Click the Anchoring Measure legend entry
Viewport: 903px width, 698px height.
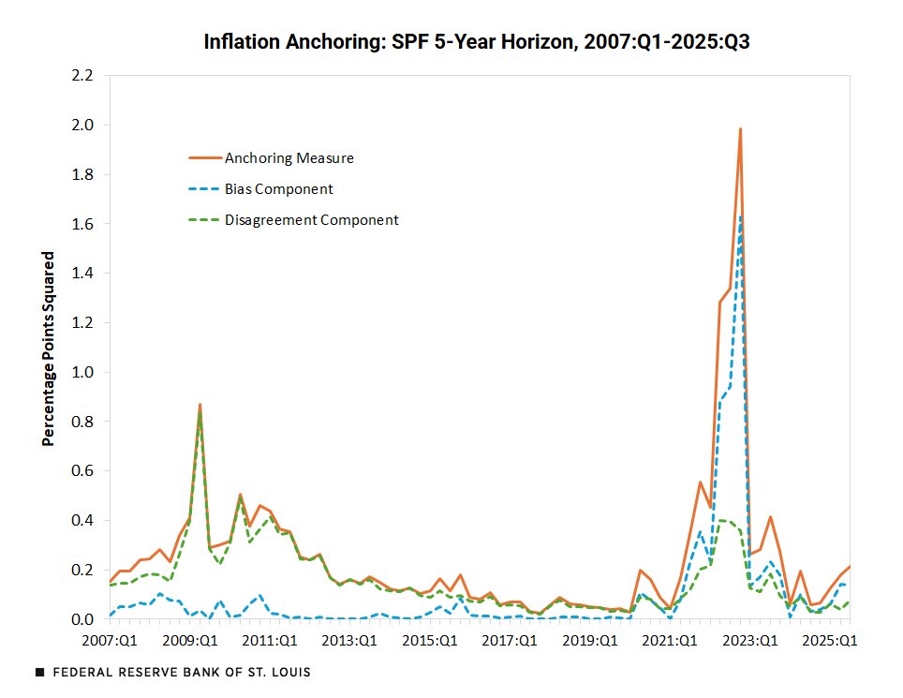point(289,157)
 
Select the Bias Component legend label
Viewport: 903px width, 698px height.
point(278,188)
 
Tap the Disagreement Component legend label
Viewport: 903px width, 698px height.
point(311,220)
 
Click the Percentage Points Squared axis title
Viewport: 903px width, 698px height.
point(48,348)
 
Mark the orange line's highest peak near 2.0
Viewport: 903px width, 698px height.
point(740,129)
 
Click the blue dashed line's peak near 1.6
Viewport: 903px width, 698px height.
point(740,217)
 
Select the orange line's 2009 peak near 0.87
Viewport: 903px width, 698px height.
point(200,405)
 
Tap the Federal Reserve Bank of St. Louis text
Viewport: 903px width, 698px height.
point(182,673)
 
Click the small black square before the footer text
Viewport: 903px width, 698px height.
point(38,673)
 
